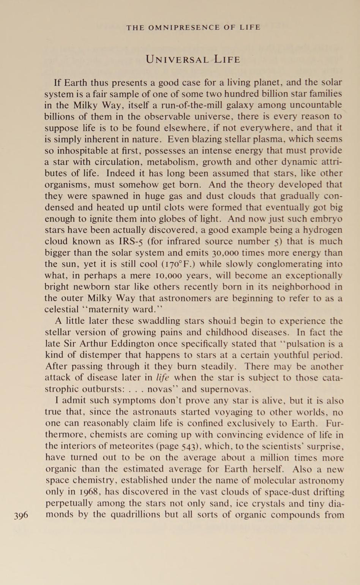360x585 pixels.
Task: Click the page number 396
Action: point(21,515)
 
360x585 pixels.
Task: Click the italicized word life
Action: point(163,378)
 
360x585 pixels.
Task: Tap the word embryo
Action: point(327,219)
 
